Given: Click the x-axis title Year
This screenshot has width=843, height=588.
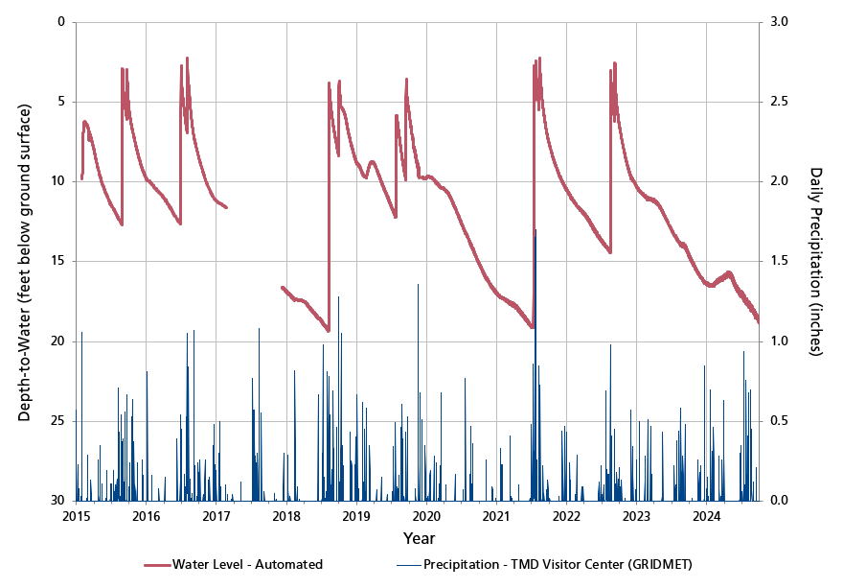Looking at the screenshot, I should (419, 538).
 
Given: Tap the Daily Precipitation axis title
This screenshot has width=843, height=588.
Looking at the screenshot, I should (816, 261).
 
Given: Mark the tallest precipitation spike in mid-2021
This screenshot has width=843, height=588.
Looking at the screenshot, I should (535, 231).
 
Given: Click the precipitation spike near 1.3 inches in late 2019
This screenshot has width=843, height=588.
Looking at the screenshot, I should (418, 286).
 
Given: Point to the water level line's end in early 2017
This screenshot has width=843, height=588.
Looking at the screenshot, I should (226, 206).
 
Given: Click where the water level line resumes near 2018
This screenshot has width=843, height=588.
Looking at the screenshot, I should (282, 287).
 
